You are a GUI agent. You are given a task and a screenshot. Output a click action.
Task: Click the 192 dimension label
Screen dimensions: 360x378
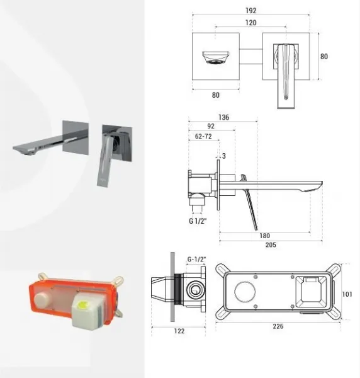[x=251, y=11]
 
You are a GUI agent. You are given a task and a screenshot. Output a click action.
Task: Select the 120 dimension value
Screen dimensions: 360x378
[x=251, y=23]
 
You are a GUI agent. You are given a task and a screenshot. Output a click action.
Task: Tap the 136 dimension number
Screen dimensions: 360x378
[x=223, y=117]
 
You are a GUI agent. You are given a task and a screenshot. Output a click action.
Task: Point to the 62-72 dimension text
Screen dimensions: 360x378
[x=203, y=136]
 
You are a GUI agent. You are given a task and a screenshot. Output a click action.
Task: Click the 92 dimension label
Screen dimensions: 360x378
[x=211, y=127]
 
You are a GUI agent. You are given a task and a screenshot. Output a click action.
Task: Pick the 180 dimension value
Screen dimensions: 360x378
[x=264, y=236]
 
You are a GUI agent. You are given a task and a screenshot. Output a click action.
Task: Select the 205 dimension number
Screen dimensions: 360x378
[x=271, y=245]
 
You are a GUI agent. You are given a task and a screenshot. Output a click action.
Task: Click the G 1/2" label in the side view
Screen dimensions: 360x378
[x=198, y=221]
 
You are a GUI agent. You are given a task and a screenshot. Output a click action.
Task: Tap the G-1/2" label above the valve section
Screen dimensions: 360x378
[x=197, y=260]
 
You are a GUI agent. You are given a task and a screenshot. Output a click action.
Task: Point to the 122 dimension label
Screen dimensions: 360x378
[x=179, y=331]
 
